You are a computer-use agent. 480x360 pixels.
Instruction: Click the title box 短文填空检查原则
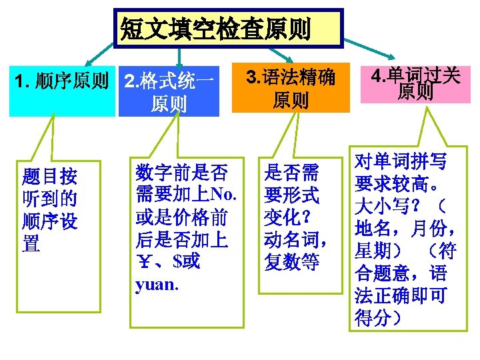click(229, 28)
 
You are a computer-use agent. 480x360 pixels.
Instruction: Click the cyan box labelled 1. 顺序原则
click(62, 82)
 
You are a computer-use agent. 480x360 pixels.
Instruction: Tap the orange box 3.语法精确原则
click(291, 87)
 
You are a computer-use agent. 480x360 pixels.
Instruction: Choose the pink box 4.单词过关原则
click(415, 84)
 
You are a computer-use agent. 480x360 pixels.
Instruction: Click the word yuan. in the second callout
click(156, 285)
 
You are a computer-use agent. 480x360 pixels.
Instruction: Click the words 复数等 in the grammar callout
click(291, 261)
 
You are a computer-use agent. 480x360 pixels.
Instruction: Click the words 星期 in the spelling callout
click(372, 251)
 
